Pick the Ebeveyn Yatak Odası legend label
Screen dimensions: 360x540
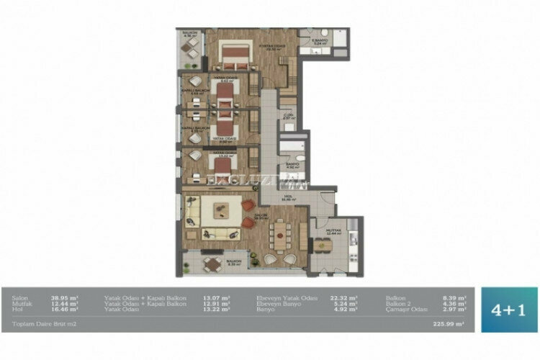(x=286, y=297)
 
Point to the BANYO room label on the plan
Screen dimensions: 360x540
(x=292, y=163)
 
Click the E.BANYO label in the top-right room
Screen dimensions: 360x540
(x=320, y=40)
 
